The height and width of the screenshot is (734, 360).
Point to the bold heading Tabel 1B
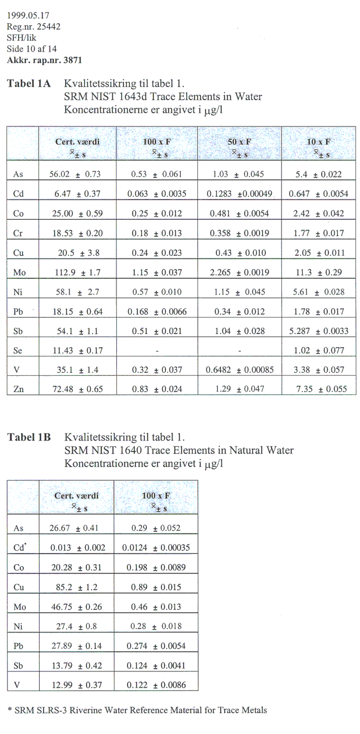click(28, 437)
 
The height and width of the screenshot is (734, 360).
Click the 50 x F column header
click(239, 142)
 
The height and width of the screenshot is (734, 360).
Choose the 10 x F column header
click(319, 142)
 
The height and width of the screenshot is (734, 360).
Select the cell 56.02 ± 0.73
click(76, 174)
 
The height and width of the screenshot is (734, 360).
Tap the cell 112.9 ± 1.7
click(76, 273)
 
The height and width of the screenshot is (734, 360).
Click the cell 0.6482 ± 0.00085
click(240, 370)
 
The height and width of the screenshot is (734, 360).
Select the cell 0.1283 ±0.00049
click(240, 194)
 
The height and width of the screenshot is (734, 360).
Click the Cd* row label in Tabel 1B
click(19, 547)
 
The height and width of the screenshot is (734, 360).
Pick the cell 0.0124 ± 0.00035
click(156, 548)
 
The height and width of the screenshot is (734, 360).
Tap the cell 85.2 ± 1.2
click(76, 587)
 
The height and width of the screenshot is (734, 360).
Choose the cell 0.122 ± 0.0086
click(156, 685)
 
